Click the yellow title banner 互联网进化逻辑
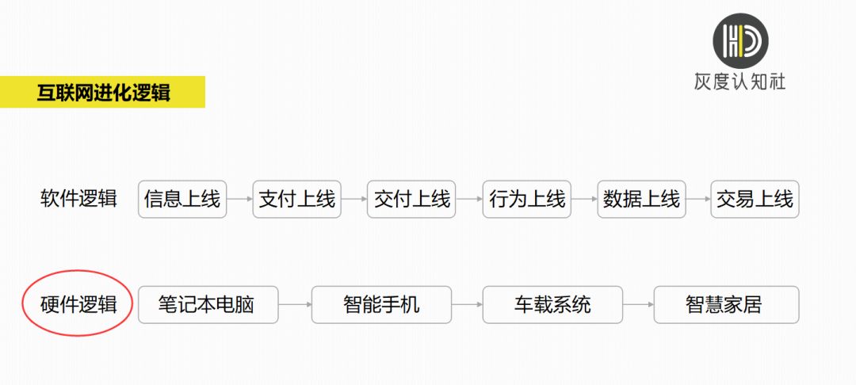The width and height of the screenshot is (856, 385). click(102, 92)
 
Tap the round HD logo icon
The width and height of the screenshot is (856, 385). click(740, 41)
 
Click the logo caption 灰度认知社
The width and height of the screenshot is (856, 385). click(739, 82)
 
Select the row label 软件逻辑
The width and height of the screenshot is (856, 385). click(78, 199)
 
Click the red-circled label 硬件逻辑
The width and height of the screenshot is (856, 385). click(78, 304)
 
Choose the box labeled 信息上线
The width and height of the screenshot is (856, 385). click(182, 199)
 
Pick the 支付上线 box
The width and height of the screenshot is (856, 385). click(297, 199)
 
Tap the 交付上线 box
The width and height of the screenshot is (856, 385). click(411, 199)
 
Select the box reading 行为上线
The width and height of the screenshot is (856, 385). click(527, 199)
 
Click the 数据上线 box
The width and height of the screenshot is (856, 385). click(641, 199)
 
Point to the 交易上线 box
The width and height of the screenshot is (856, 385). click(755, 199)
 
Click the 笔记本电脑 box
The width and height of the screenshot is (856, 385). click(208, 304)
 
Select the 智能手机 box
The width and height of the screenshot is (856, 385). click(381, 304)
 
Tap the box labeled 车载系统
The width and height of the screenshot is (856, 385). click(552, 304)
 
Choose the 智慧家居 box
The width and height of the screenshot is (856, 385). click(727, 304)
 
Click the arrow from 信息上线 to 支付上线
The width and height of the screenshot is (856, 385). click(239, 199)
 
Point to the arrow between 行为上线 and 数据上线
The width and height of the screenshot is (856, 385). click(584, 199)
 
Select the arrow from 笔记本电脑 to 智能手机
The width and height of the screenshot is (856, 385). click(295, 304)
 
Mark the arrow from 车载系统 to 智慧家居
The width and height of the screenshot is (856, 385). click(638, 304)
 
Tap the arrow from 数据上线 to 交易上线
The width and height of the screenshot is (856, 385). click(698, 199)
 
